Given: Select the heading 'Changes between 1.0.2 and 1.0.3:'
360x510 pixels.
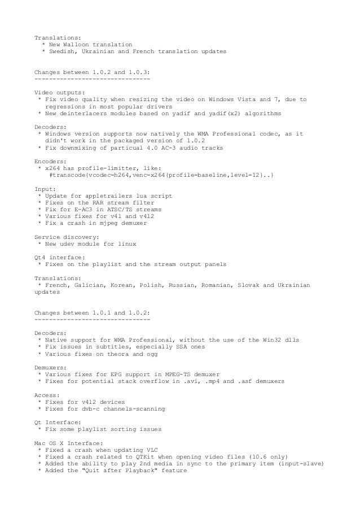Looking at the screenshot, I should pyautogui.click(x=92, y=73).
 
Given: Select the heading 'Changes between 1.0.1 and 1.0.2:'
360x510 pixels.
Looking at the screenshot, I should pyautogui.click(x=92, y=313).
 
